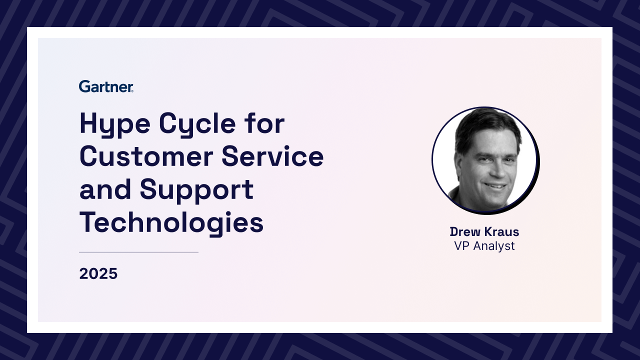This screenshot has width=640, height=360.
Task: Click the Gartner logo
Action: pyautogui.click(x=106, y=86)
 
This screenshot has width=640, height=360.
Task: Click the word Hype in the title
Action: pyautogui.click(x=115, y=125)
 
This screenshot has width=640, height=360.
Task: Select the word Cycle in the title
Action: pyautogui.click(x=197, y=125)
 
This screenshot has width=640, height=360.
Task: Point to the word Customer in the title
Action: pyautogui.click(x=146, y=156)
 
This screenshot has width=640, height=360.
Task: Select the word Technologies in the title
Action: pyautogui.click(x=171, y=223)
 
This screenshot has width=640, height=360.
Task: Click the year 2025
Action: pyautogui.click(x=98, y=273)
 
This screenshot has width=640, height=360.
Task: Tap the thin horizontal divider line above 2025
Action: pyautogui.click(x=138, y=252)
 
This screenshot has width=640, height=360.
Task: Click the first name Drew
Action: pyautogui.click(x=465, y=231)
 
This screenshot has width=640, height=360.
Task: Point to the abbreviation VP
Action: pyautogui.click(x=461, y=246)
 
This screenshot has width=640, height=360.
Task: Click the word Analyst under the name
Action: pyautogui.click(x=494, y=246)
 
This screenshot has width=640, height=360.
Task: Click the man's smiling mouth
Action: pyautogui.click(x=495, y=186)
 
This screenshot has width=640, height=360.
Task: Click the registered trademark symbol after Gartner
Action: pyautogui.click(x=132, y=91)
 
